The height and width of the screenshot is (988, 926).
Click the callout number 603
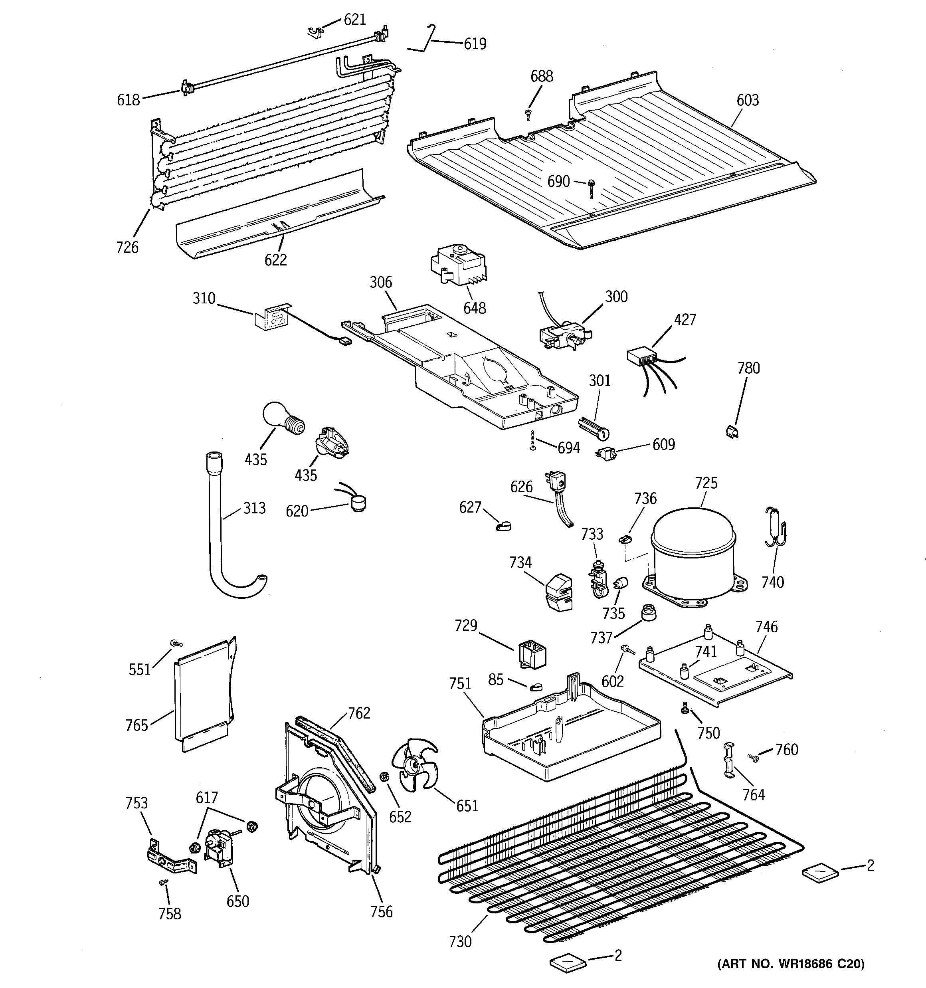click(x=748, y=100)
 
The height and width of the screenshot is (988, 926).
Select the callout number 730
click(x=460, y=941)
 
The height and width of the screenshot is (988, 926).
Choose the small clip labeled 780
click(x=730, y=430)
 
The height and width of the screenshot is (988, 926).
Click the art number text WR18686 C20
click(x=791, y=964)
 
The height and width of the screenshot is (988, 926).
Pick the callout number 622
click(x=275, y=259)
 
